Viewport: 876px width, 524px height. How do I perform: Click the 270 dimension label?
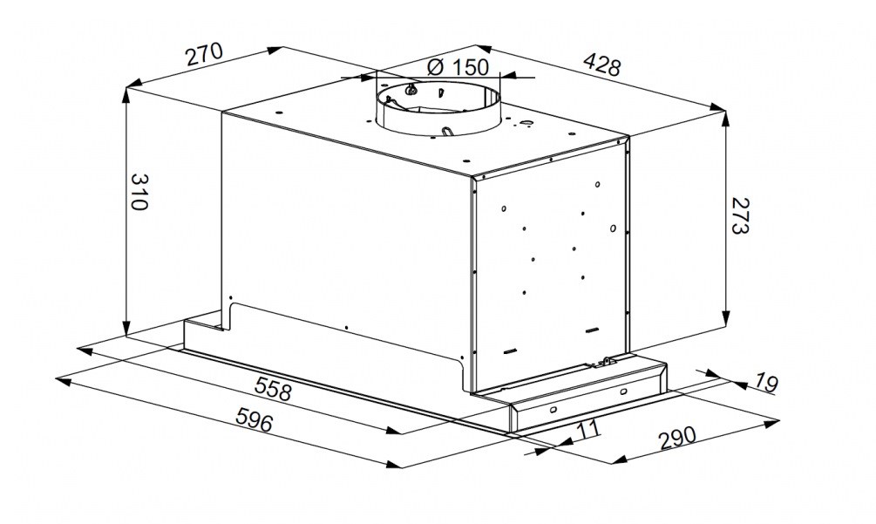click(x=205, y=54)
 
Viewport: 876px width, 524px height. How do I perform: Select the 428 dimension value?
click(x=601, y=65)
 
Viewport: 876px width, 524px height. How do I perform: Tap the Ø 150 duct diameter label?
click(x=458, y=68)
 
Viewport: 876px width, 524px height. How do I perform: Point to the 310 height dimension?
click(x=139, y=192)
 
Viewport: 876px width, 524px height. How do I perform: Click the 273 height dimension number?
click(x=738, y=215)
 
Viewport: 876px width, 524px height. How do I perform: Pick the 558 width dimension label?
click(x=273, y=388)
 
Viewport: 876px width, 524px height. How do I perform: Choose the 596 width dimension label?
click(x=255, y=419)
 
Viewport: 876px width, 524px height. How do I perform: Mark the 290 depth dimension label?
click(x=678, y=438)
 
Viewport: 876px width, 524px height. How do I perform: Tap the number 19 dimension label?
click(x=766, y=383)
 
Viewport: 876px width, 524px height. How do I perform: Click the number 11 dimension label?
click(x=587, y=430)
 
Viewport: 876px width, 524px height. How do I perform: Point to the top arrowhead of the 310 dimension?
click(x=126, y=95)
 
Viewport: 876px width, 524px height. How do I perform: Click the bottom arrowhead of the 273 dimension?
click(x=726, y=318)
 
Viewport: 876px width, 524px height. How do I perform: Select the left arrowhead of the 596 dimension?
click(x=63, y=381)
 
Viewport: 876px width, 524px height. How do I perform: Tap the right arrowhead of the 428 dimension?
click(x=718, y=106)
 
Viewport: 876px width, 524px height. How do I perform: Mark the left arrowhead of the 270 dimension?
click(x=134, y=85)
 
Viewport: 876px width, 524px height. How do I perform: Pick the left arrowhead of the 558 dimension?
click(x=85, y=350)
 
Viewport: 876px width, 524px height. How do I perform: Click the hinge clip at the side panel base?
click(x=606, y=362)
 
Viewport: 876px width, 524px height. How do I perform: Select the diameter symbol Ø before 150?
click(x=435, y=67)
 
